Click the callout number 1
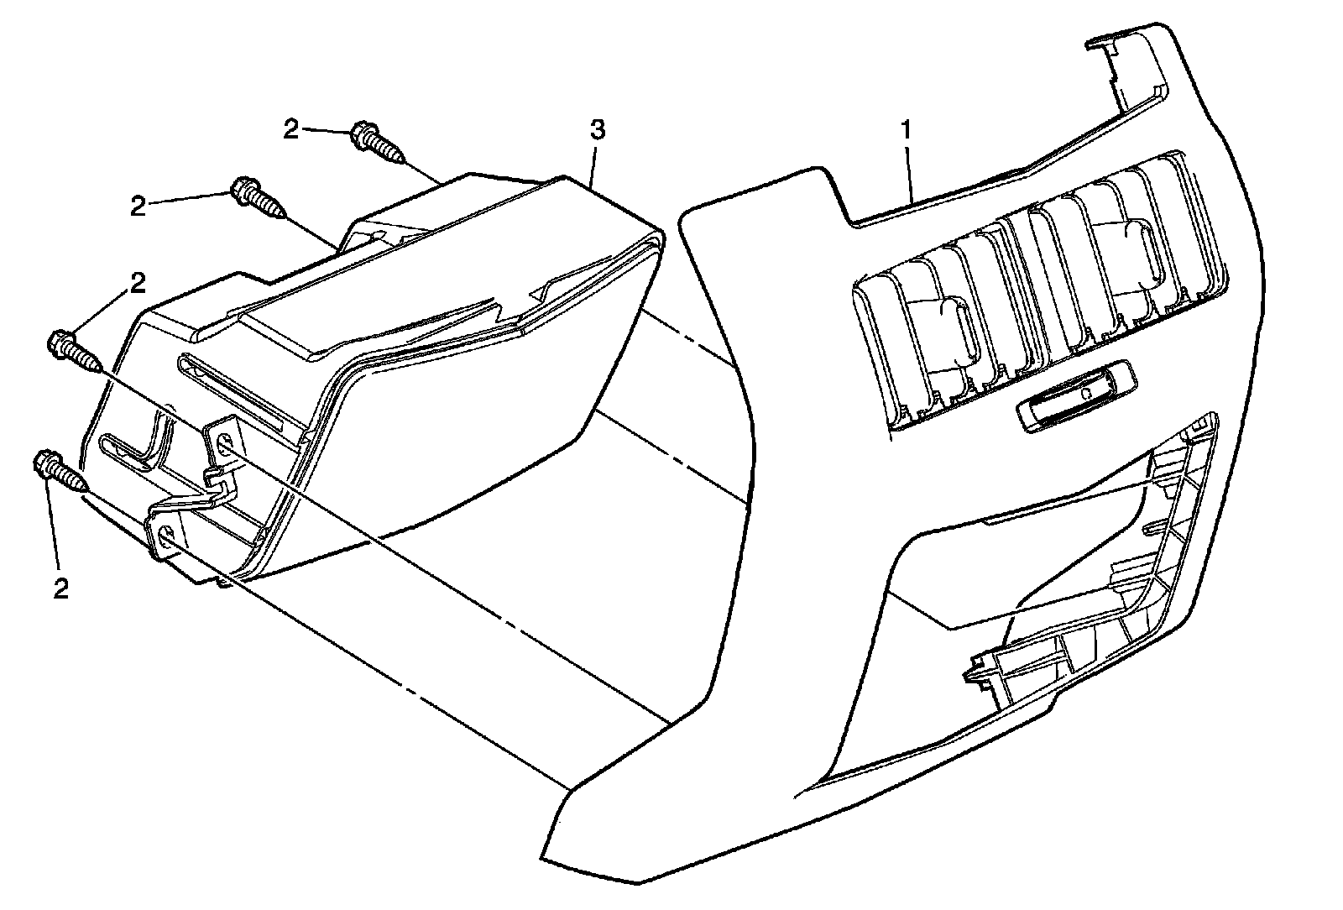click(x=906, y=130)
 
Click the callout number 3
click(x=597, y=130)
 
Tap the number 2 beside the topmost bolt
click(x=290, y=129)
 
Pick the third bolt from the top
click(x=76, y=351)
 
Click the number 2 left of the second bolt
click(x=138, y=206)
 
